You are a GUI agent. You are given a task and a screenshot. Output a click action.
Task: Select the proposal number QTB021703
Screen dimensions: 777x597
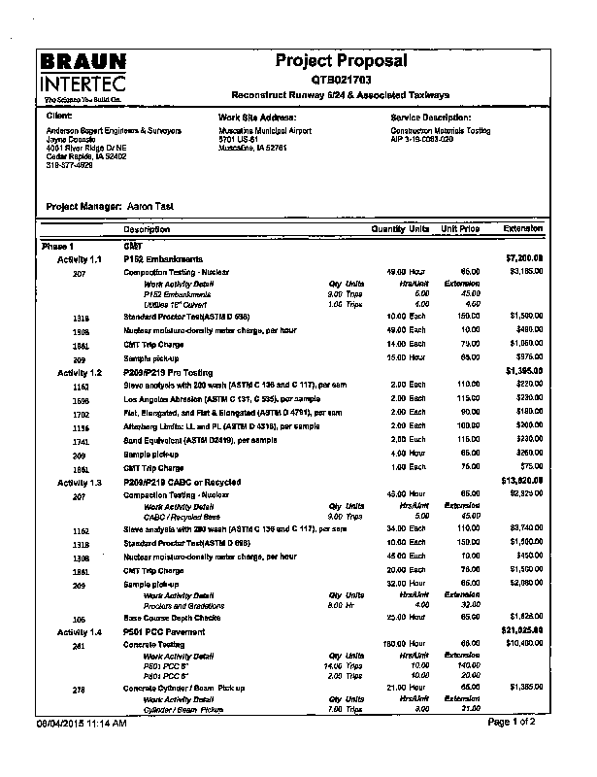[x=341, y=80]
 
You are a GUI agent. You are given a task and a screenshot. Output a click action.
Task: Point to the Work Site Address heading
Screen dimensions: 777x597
[x=257, y=117]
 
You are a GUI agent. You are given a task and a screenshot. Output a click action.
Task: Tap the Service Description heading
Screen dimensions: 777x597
[x=430, y=117]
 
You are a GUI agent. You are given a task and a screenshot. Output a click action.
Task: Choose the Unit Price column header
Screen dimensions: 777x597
[x=461, y=229]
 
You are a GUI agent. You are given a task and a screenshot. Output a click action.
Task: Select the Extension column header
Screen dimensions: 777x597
[x=523, y=229]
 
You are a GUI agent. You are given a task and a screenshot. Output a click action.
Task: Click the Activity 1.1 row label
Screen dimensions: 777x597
[x=80, y=259]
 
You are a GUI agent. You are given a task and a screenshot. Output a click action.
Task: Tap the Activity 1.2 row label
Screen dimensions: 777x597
[x=80, y=372]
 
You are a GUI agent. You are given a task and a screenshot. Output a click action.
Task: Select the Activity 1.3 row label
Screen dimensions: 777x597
[x=80, y=483]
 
